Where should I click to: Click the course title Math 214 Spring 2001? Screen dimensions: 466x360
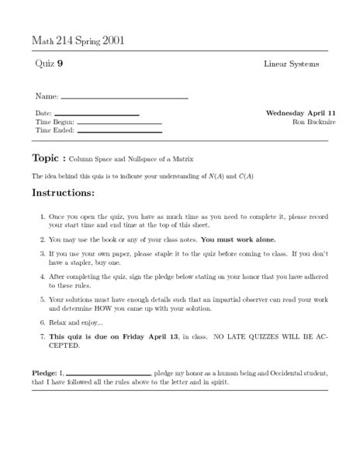pyautogui.click(x=78, y=40)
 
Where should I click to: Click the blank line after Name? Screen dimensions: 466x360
pyautogui.click(x=124, y=99)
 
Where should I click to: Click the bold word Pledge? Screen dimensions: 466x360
pyautogui.click(x=43, y=374)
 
